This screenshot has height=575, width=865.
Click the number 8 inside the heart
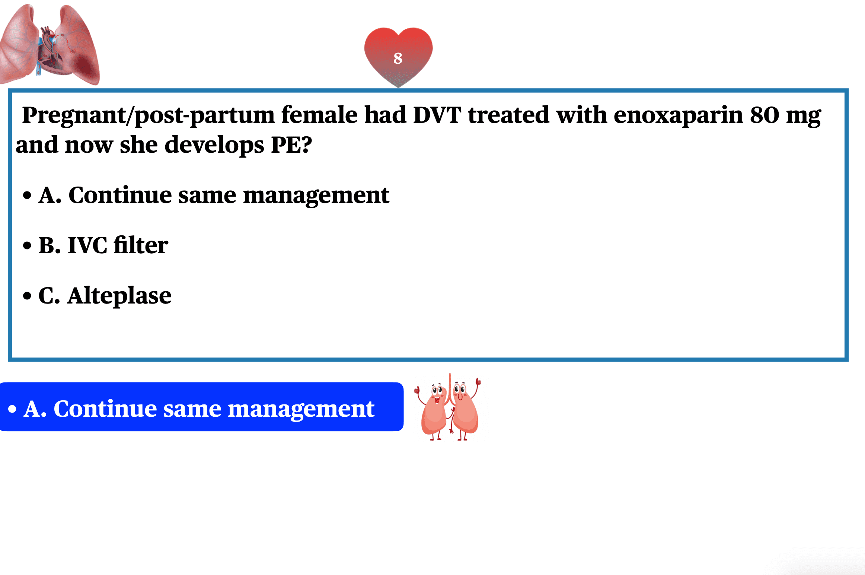pos(398,58)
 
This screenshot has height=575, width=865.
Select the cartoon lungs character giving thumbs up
pos(448,407)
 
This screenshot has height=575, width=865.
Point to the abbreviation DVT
pos(437,115)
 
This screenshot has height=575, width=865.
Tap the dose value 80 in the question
pos(765,115)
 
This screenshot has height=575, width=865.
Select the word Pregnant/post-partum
pos(148,115)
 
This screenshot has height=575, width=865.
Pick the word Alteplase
pos(119,296)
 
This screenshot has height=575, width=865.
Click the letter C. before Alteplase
pos(50,296)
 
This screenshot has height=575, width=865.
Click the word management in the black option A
pos(316,196)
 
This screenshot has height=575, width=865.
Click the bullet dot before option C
pos(27,296)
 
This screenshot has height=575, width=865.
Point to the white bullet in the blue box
pos(12,409)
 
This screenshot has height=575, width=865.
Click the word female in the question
pos(319,115)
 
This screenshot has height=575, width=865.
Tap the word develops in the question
pos(214,145)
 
